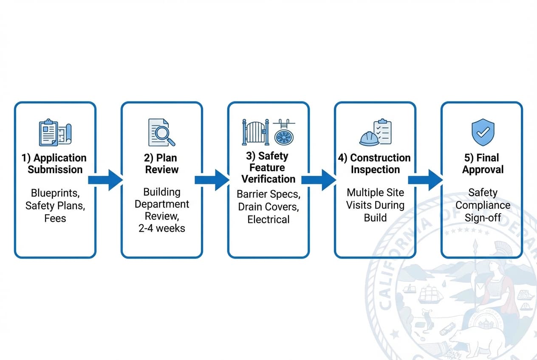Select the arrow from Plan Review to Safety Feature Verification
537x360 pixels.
(x=212, y=180)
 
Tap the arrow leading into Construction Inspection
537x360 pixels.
(x=318, y=180)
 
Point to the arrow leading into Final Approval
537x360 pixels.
(x=425, y=180)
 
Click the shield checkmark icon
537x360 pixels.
(x=483, y=132)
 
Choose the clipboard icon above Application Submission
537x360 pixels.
(x=48, y=132)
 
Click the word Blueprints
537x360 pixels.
(x=55, y=194)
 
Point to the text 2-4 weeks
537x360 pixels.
(x=162, y=228)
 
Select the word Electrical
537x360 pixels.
(x=268, y=219)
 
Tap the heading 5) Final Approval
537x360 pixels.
(x=481, y=164)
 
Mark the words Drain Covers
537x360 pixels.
(x=268, y=207)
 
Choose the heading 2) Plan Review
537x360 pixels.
(x=162, y=164)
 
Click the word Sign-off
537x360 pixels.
(x=483, y=218)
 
